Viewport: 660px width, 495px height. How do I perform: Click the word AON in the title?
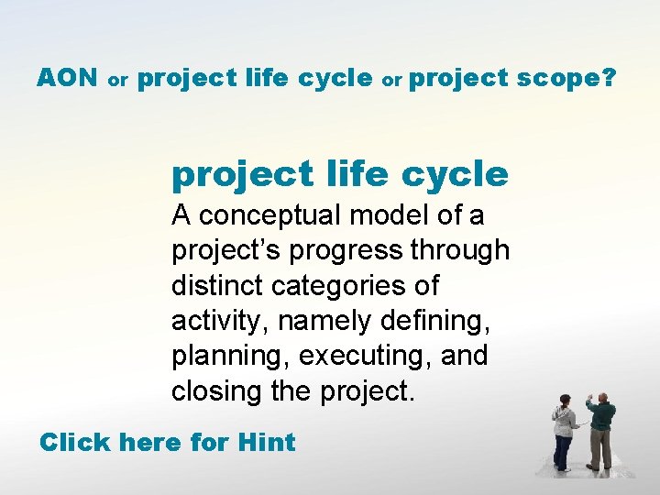67,78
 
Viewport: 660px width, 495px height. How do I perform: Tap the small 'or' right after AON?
117,81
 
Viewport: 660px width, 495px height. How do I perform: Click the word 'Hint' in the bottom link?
266,443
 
